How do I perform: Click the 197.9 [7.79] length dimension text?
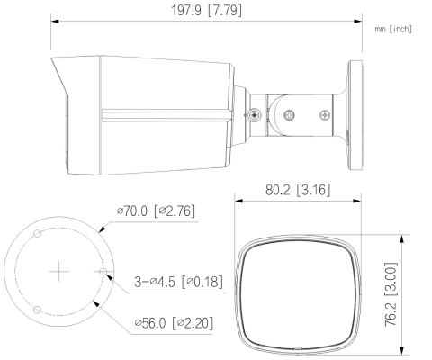click(x=206, y=11)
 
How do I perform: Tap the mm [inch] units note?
click(x=392, y=30)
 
